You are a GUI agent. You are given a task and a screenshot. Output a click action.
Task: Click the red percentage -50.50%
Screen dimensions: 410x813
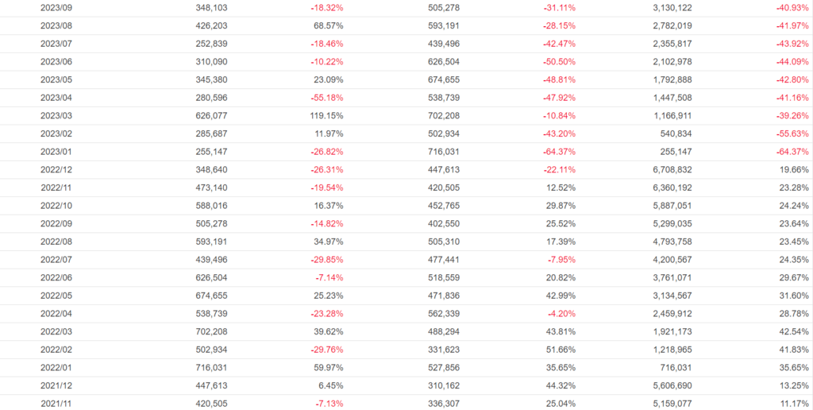pos(559,61)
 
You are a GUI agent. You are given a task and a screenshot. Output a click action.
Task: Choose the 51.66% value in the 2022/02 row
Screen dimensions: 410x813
pos(561,350)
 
